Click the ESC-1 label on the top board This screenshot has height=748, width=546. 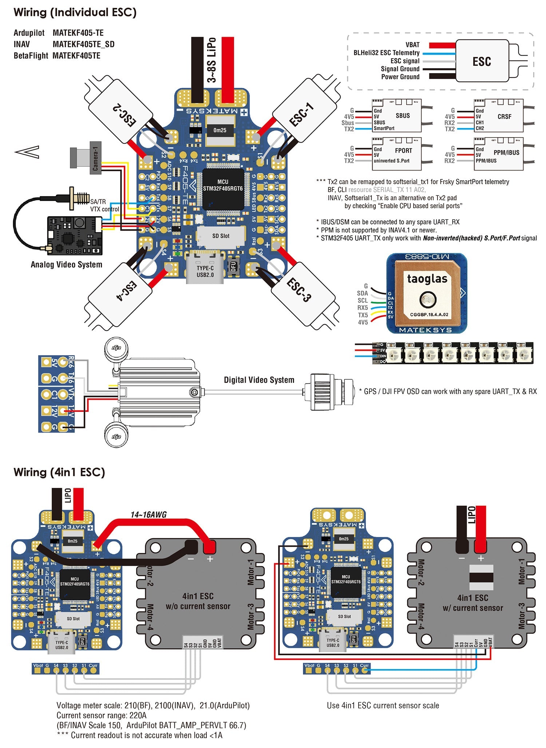click(301, 114)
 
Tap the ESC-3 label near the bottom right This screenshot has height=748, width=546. click(298, 290)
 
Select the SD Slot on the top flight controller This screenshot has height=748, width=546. click(221, 236)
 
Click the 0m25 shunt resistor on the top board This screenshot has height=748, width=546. click(219, 130)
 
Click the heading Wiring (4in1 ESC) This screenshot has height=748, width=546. click(59, 472)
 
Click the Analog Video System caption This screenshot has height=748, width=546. click(66, 264)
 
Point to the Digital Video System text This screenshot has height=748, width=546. click(259, 380)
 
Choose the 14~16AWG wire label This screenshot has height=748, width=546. click(149, 514)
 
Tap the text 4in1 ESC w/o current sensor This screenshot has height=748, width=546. click(198, 601)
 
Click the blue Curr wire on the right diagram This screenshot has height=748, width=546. click(419, 669)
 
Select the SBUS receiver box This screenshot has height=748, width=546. click(396, 116)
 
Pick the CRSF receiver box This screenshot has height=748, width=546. click(498, 116)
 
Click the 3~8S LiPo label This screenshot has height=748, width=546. click(212, 60)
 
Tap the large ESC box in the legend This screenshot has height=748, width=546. click(482, 61)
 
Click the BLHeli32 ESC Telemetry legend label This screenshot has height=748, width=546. click(386, 53)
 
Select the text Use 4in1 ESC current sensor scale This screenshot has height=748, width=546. click(383, 705)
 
